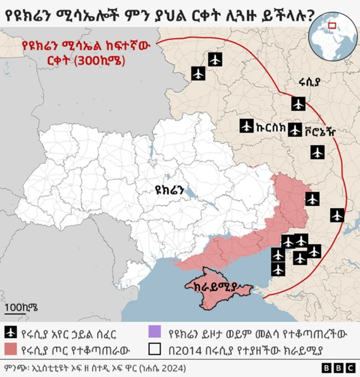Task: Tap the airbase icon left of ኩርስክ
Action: (246, 126)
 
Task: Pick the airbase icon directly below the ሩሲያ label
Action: (298, 104)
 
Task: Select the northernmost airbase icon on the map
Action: (214, 59)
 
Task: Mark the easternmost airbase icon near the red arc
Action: (337, 215)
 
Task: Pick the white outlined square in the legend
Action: (155, 349)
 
